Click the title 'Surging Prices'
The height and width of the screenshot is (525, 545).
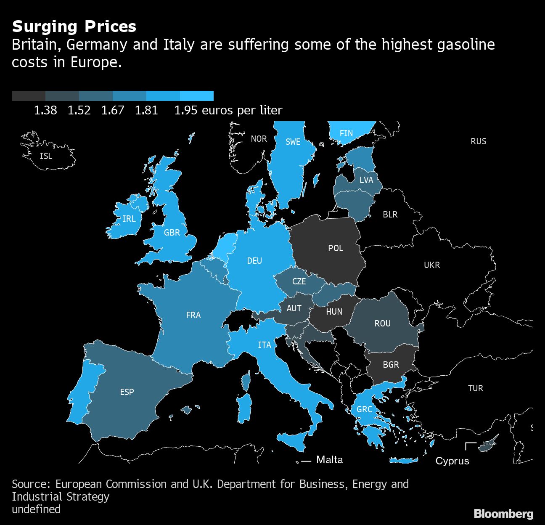click(74, 27)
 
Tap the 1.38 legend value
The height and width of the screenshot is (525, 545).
click(45, 110)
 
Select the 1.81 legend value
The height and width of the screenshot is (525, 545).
click(146, 110)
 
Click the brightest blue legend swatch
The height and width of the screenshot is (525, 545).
click(197, 96)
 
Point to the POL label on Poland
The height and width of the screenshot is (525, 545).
click(336, 248)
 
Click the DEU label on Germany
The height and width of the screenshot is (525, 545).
click(254, 261)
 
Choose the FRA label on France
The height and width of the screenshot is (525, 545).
click(193, 315)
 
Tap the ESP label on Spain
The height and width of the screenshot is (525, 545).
click(127, 392)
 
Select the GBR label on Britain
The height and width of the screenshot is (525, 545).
click(172, 233)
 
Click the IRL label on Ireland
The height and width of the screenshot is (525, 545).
click(129, 219)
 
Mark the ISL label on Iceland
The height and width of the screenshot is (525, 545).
click(46, 156)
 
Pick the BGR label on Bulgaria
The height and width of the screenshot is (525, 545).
click(391, 365)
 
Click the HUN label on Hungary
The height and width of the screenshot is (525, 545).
click(334, 312)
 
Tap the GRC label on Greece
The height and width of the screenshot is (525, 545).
click(364, 409)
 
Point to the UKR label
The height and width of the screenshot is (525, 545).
click(432, 265)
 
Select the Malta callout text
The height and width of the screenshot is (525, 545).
click(329, 460)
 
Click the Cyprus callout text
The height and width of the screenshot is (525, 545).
click(452, 461)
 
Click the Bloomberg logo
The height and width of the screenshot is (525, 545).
click(503, 514)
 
